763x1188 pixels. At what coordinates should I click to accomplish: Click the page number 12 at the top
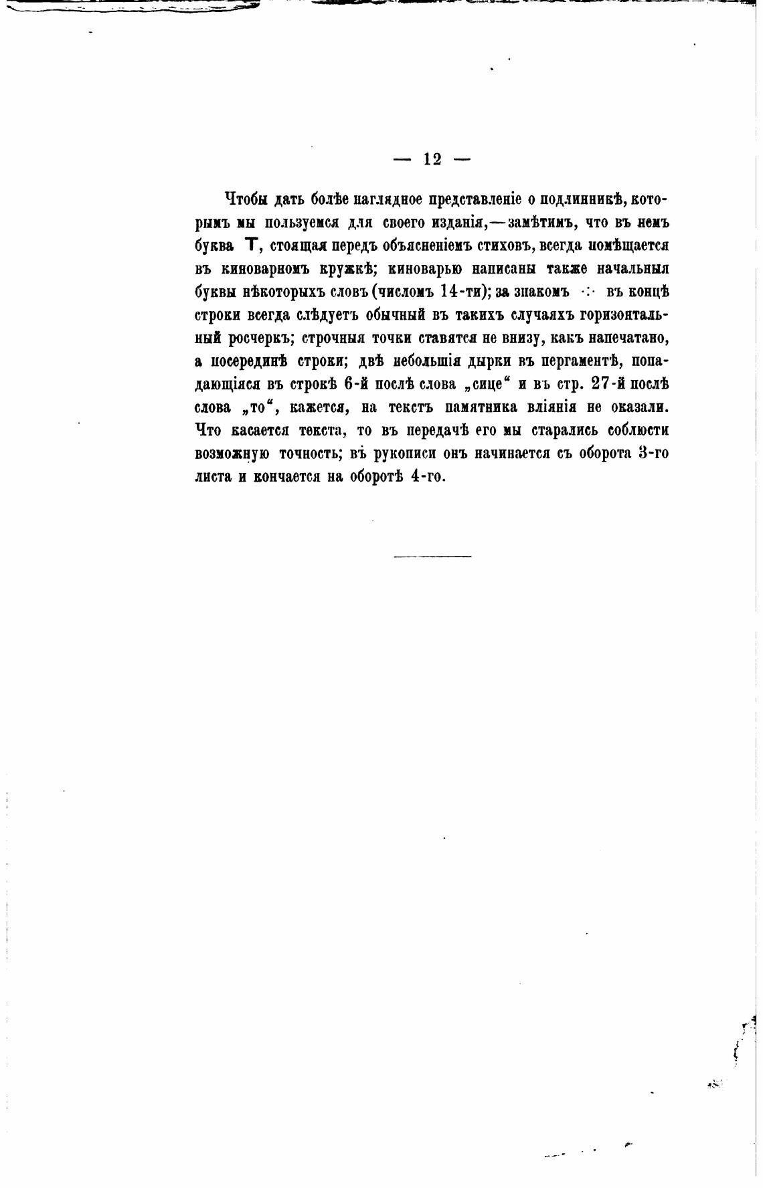point(432,159)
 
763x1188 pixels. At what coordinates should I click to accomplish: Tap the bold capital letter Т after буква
point(252,245)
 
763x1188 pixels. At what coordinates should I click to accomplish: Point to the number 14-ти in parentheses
point(461,292)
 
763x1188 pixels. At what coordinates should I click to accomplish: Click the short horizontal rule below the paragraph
point(432,556)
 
